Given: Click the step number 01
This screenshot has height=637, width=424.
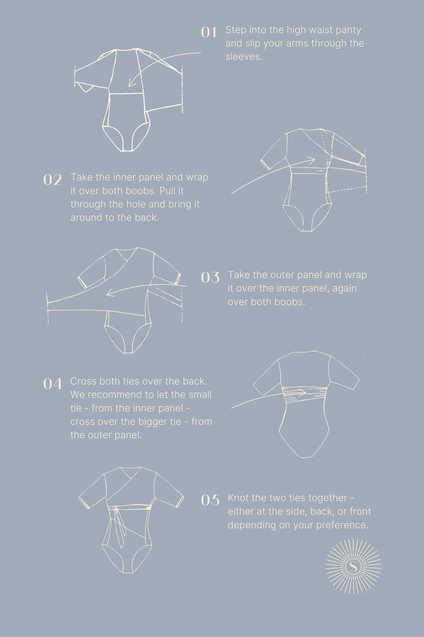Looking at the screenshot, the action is point(209,32).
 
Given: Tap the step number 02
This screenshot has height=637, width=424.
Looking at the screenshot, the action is point(53,180).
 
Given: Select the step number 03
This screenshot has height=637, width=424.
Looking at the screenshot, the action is point(210,277).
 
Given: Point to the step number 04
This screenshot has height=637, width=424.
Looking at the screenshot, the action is point(53,384).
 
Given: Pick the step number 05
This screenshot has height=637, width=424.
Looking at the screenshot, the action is point(210,500).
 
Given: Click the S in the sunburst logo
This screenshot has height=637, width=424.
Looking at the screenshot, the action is point(354,566).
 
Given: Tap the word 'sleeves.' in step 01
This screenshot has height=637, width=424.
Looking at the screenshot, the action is point(244,56).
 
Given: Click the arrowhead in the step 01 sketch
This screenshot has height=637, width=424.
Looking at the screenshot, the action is point(132,83).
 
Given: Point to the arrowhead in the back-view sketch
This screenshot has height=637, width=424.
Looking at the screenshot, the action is point(302,392).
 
